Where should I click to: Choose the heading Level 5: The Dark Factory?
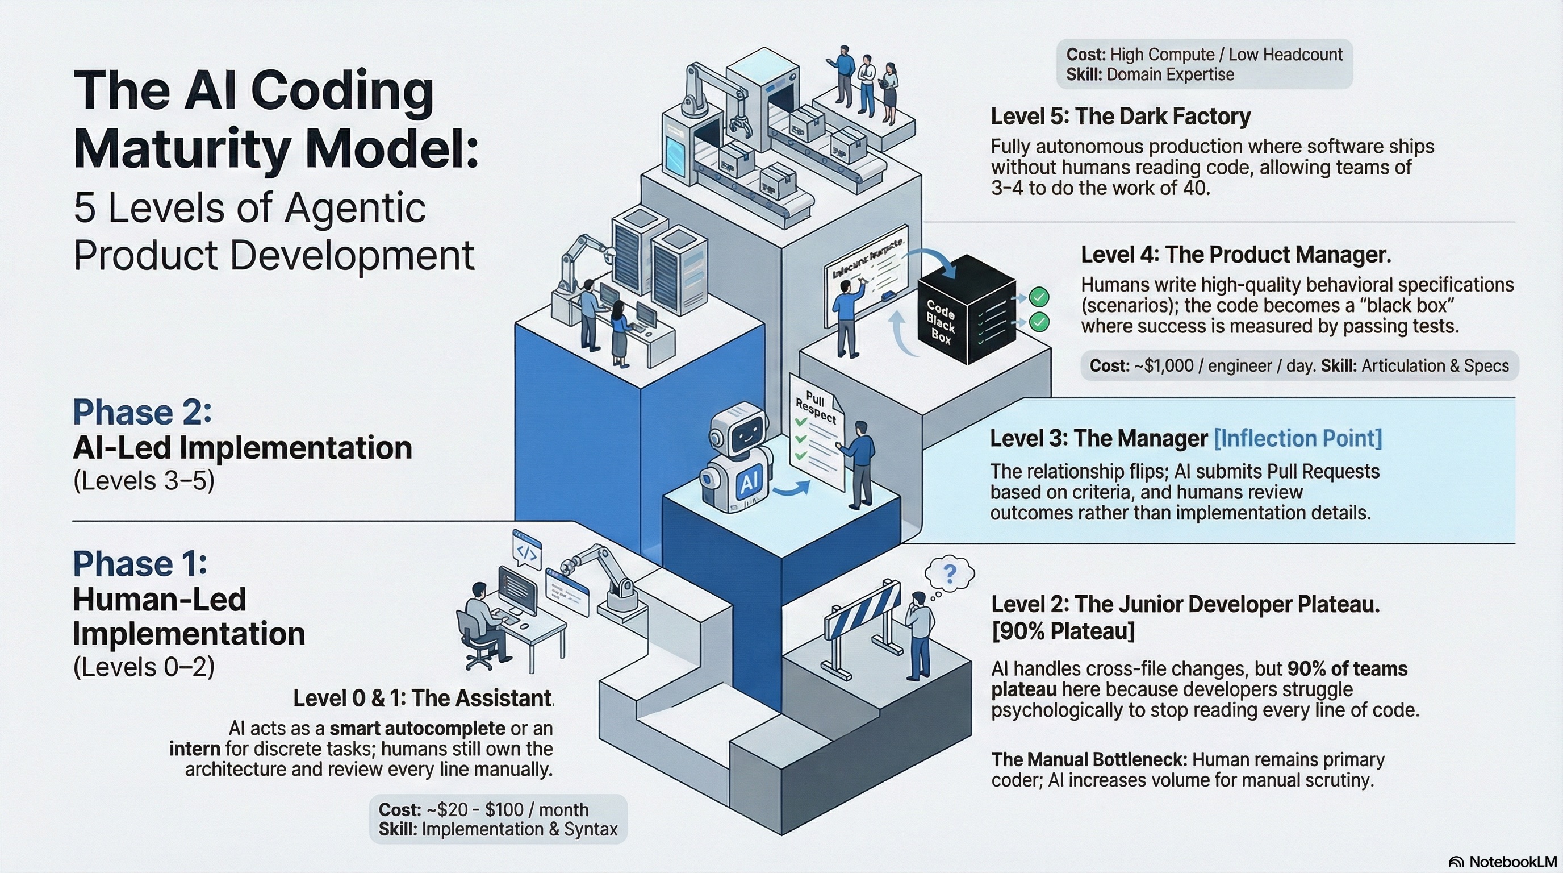tap(1120, 116)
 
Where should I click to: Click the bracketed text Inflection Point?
tap(1297, 438)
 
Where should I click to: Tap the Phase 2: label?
tap(143, 413)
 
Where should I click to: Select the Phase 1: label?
tap(140, 564)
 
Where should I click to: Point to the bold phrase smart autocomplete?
tap(417, 728)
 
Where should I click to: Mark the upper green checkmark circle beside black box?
tap(1039, 297)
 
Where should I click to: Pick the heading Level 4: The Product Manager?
tap(1235, 255)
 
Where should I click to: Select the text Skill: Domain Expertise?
tap(1150, 74)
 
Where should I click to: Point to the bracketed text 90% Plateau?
tap(1063, 631)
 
